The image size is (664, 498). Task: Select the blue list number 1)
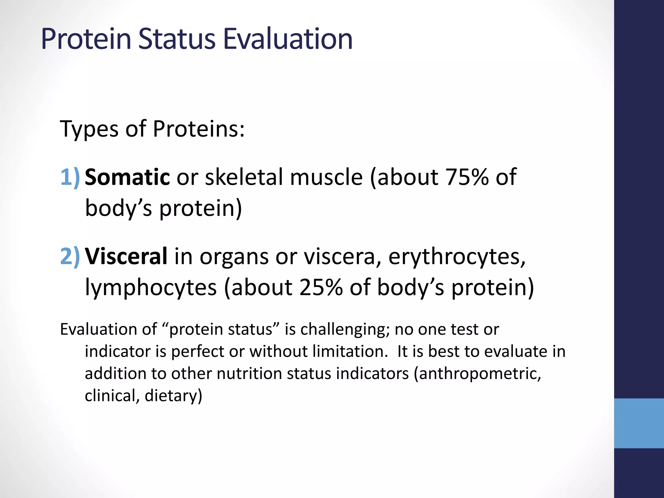tap(70, 177)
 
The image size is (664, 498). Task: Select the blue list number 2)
tap(70, 256)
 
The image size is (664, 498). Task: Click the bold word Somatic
tap(127, 177)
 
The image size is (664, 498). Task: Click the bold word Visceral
tap(126, 256)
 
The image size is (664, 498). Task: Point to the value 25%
tap(321, 287)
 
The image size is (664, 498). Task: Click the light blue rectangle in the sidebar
tap(639, 423)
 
